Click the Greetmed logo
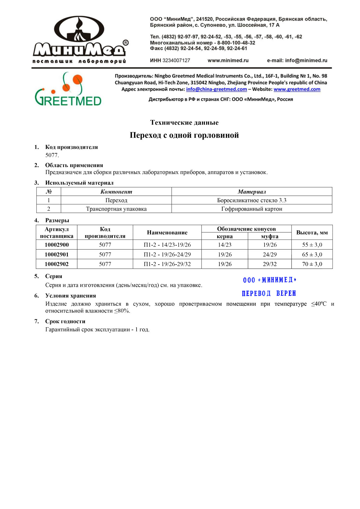coord(68,89)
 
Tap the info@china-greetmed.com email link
coord(216,89)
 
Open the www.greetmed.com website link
coord(297,89)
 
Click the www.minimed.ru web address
coord(228,61)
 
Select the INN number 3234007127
coord(176,61)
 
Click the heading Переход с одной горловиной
coord(184,135)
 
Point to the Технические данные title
coord(184,122)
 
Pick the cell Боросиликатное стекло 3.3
coord(252,200)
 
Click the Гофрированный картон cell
coord(252,209)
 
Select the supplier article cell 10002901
coord(56,255)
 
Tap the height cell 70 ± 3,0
coord(312,264)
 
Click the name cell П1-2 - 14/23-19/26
coord(167,245)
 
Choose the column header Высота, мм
coord(312,232)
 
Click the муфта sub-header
coord(270,236)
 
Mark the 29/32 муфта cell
coord(270,264)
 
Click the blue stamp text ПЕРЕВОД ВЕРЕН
coord(269,293)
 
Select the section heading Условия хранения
coord(70,296)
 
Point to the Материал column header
coord(252,192)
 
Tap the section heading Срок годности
coord(65,322)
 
